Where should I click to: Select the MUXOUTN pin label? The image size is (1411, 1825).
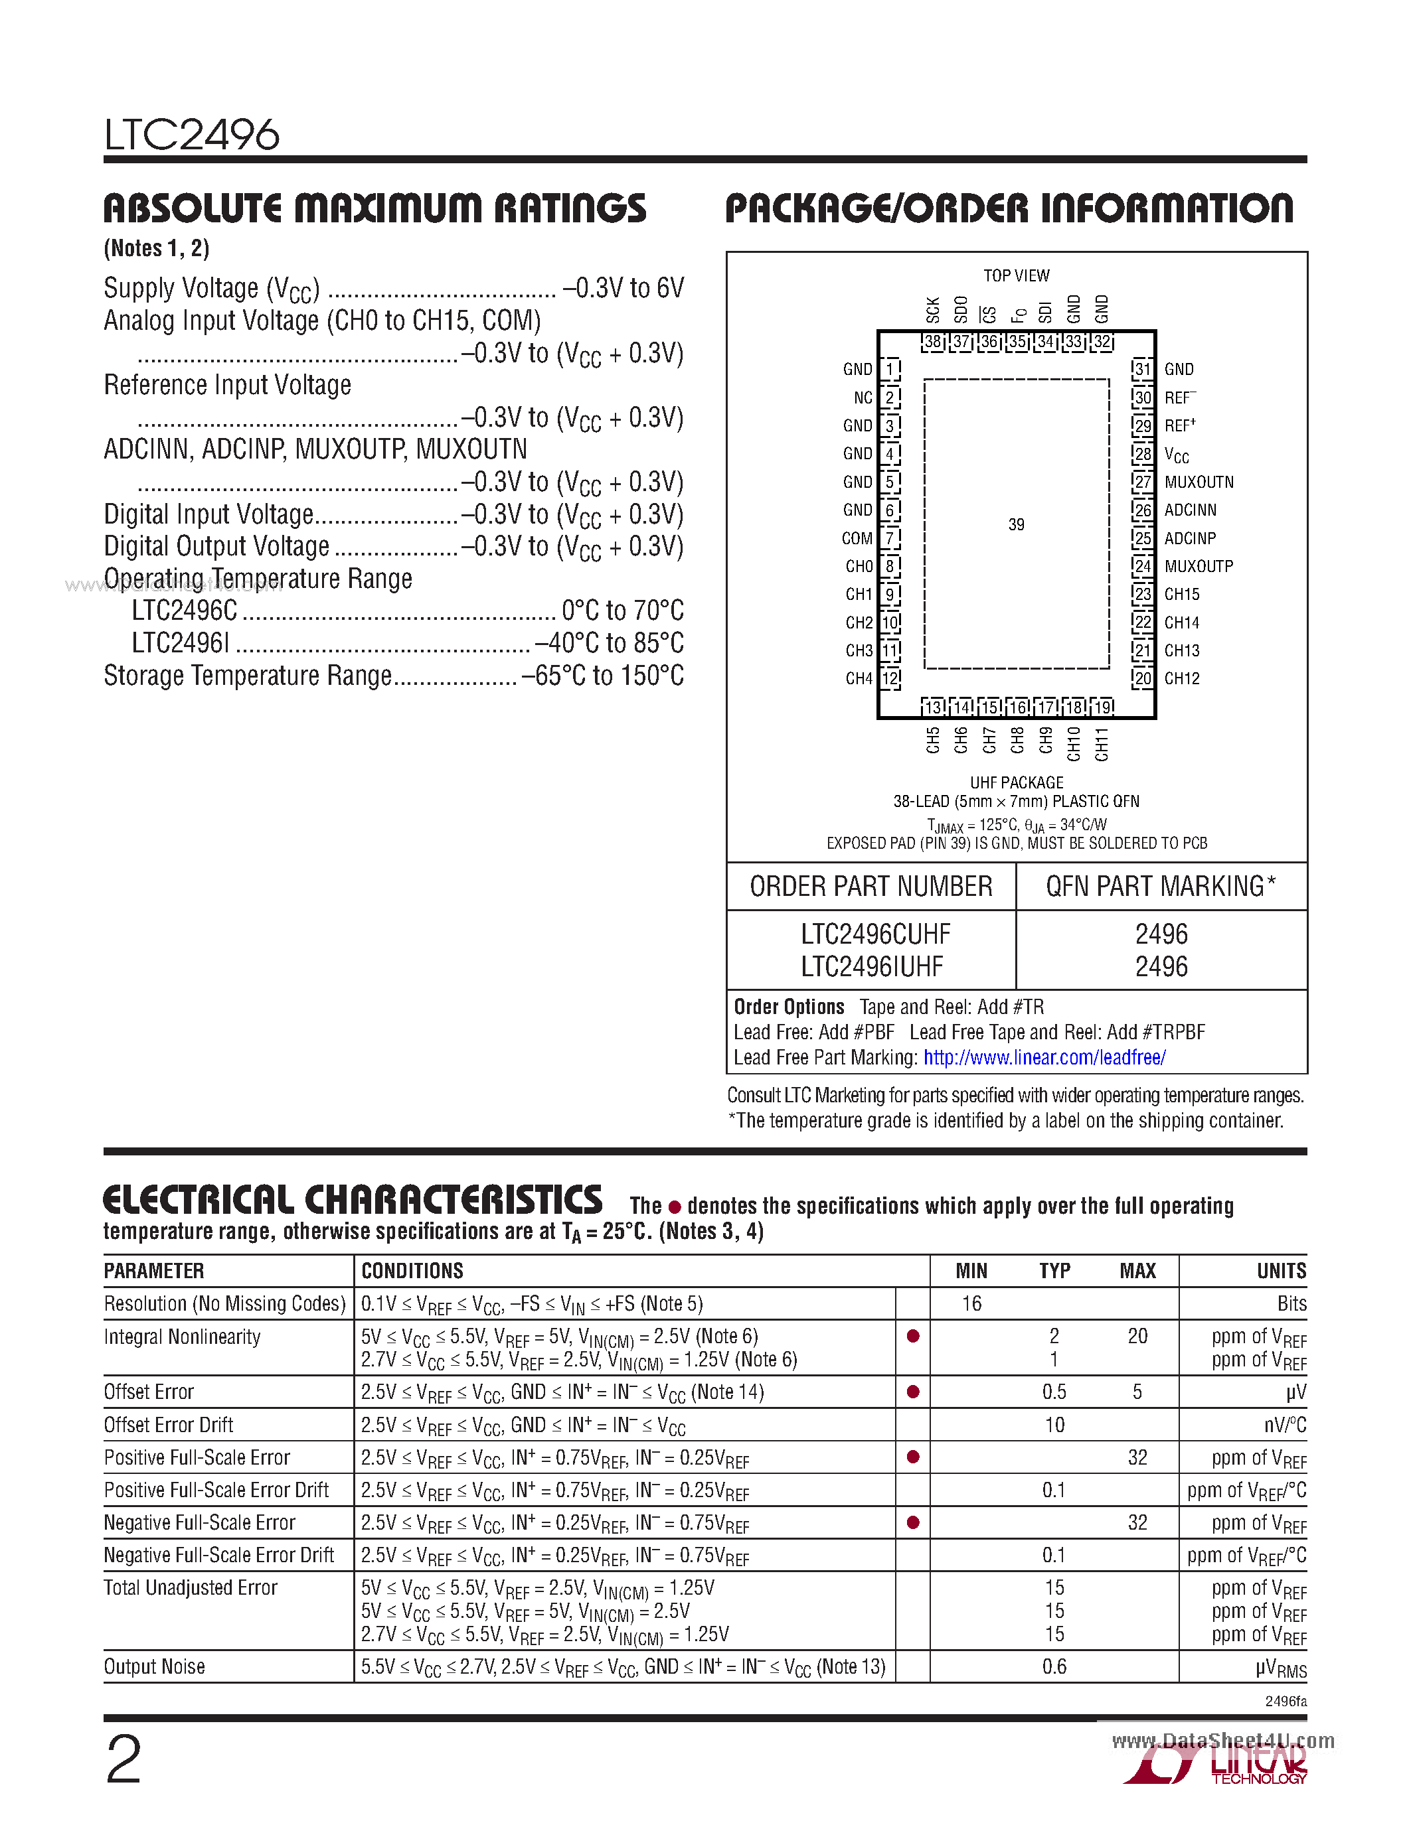click(x=1199, y=482)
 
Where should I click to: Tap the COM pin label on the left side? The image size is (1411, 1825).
click(x=857, y=539)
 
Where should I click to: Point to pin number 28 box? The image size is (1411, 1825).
click(x=1143, y=455)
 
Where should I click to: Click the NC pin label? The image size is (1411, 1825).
click(x=863, y=398)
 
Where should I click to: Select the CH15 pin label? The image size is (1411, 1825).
click(x=1181, y=594)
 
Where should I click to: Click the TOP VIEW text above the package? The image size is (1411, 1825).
click(x=1016, y=276)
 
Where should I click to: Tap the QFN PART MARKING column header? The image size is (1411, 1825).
click(x=1160, y=887)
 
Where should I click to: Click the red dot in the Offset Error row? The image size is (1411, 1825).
click(x=913, y=1391)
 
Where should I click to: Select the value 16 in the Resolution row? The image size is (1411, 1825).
click(x=971, y=1303)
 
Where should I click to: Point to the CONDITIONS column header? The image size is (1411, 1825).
click(x=412, y=1271)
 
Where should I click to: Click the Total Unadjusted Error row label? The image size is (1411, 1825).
click(x=191, y=1587)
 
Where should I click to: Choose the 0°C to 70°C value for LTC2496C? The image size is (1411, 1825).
click(x=622, y=611)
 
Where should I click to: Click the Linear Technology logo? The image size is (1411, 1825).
click(x=1216, y=1766)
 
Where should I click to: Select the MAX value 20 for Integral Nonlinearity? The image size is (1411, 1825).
click(x=1137, y=1336)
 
